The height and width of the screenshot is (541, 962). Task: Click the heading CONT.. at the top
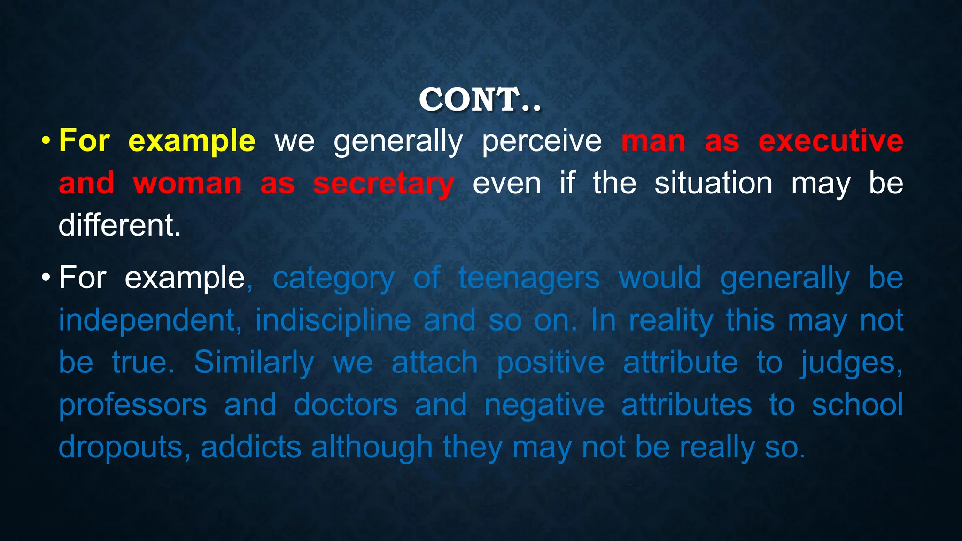(480, 100)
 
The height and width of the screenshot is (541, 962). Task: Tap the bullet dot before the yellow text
(46, 140)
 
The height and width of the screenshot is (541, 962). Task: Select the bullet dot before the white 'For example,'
(46, 277)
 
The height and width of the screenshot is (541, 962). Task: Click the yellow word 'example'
(192, 141)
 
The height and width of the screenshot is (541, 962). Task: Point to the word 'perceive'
(542, 141)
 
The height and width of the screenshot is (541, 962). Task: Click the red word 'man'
(653, 141)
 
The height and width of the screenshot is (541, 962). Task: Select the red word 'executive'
(830, 141)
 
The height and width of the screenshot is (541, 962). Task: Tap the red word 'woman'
(187, 184)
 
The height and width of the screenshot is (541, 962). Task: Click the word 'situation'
(713, 184)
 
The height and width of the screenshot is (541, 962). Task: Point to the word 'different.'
(120, 225)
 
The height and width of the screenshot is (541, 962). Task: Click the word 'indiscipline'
(333, 320)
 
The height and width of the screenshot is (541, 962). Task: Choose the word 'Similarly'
(254, 363)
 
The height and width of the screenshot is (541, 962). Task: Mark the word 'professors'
(133, 405)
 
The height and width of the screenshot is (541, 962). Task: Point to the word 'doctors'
(345, 405)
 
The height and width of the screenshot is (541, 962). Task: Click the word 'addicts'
(251, 447)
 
